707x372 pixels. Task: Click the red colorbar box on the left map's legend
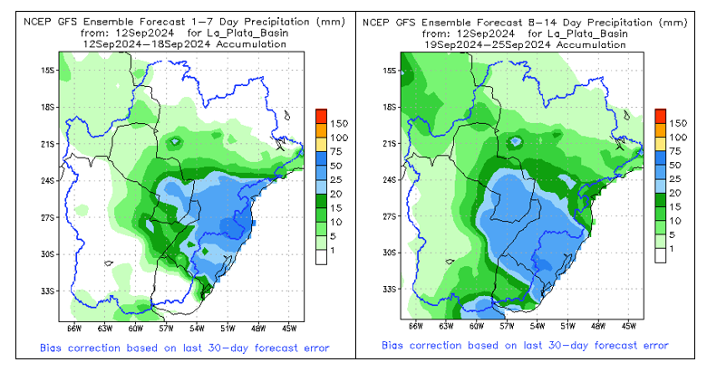tap(320, 116)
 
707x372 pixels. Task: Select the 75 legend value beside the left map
tap(335, 152)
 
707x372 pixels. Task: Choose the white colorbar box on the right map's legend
tap(660, 255)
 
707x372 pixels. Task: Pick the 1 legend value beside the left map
tap(331, 249)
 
